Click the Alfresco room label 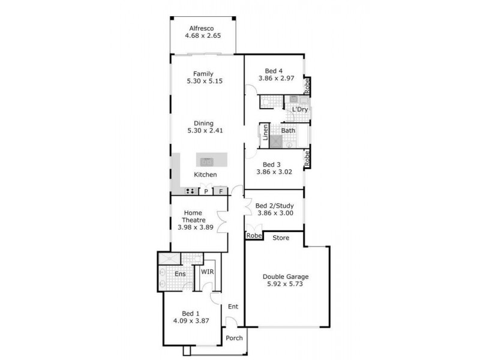[202, 28]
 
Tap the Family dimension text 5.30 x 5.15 [203, 81]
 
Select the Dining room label [203, 123]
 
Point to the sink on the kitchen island [206, 161]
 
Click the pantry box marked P [206, 191]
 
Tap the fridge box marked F [221, 191]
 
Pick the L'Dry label [299, 110]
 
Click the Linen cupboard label [265, 134]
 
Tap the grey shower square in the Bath [275, 142]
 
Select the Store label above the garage [281, 238]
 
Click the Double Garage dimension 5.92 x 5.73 [285, 285]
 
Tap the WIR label [207, 272]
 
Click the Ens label [179, 274]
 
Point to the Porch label [234, 338]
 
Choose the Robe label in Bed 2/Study [254, 236]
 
